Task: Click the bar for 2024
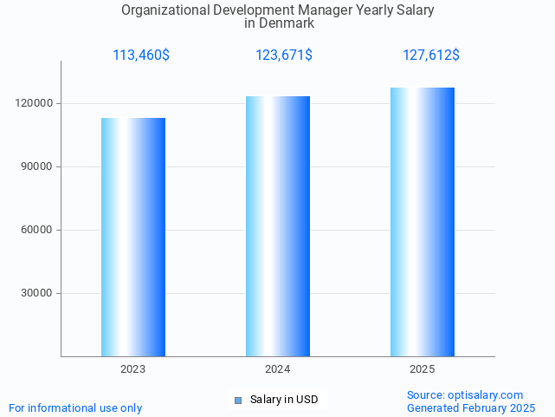tap(278, 226)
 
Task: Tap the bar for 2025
tap(423, 222)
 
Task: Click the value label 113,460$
tap(141, 55)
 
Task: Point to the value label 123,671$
tap(284, 55)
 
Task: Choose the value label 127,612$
tap(431, 55)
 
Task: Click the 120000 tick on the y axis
tap(35, 103)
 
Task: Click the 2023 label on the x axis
tap(133, 369)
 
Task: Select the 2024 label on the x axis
tap(278, 369)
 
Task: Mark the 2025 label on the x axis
tap(423, 369)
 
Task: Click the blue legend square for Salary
tap(239, 400)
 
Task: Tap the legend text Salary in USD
tap(284, 400)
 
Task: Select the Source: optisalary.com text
tap(465, 395)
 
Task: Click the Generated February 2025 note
tap(471, 407)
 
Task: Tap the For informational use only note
tap(75, 407)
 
